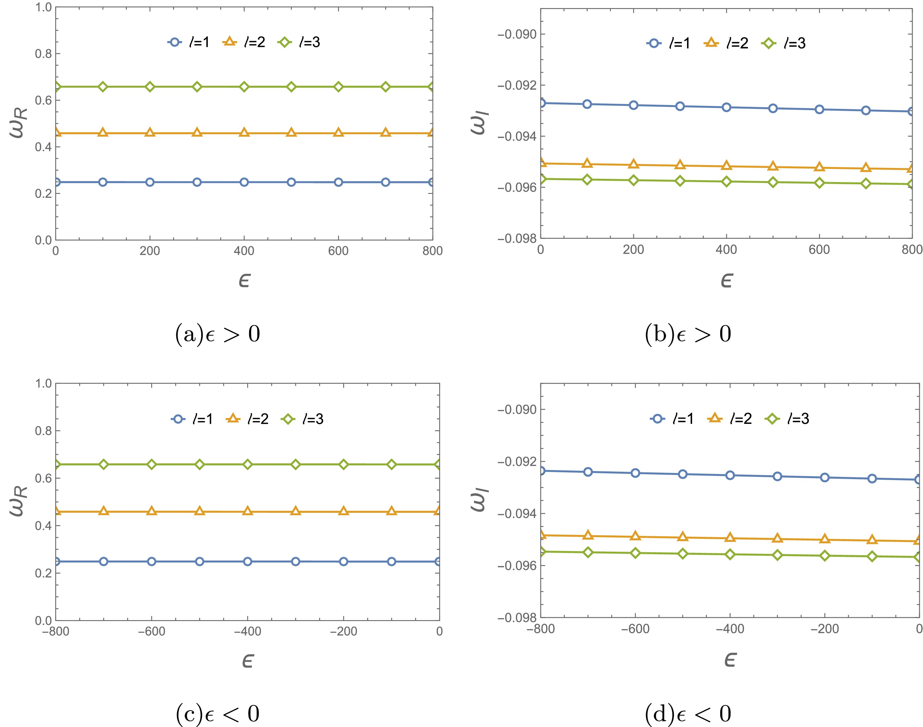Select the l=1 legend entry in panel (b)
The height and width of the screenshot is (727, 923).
click(668, 43)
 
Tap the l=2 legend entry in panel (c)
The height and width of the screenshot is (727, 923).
click(247, 419)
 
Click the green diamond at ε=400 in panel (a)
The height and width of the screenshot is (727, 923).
click(244, 87)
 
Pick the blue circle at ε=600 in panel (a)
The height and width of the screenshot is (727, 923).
click(338, 182)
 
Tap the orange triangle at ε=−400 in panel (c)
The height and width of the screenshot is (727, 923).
click(248, 511)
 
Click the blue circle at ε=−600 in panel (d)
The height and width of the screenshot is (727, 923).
click(635, 473)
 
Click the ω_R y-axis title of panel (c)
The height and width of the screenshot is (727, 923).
click(19, 501)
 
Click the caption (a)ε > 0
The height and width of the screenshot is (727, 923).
click(217, 334)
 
